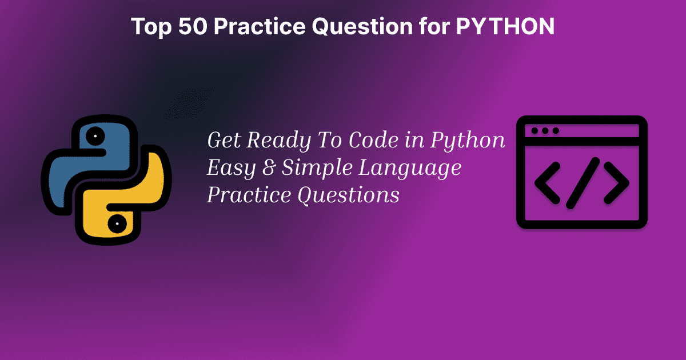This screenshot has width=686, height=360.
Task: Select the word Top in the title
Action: click(150, 26)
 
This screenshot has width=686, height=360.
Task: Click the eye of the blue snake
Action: click(94, 137)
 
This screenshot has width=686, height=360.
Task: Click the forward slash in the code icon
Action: click(582, 183)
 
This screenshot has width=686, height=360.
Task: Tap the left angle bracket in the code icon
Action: click(547, 183)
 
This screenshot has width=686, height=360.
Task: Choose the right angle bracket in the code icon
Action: click(616, 183)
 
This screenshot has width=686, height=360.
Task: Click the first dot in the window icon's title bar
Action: click(535, 131)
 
